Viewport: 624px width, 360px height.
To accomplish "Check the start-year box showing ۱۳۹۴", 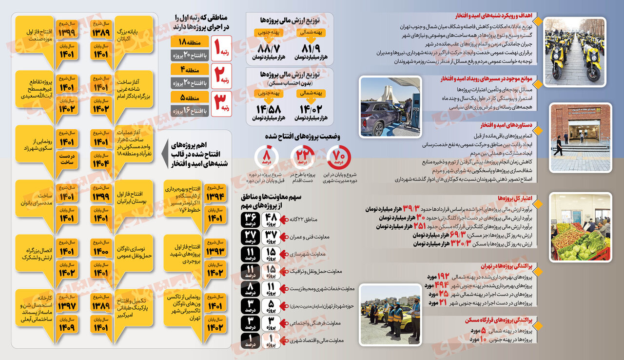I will tap(215, 196).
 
